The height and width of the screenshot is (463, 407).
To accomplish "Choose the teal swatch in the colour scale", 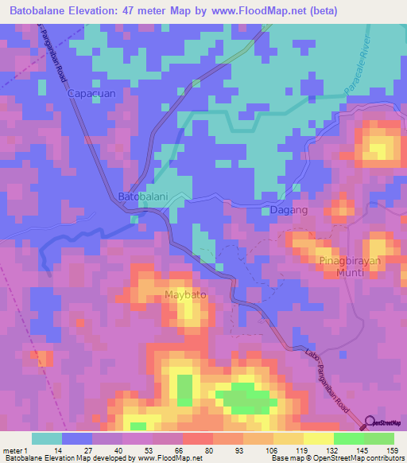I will coord(46,438).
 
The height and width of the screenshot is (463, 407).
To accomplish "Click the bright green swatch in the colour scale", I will coord(347,438).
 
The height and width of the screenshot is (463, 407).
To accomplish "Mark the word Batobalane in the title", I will coord(37,11).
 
